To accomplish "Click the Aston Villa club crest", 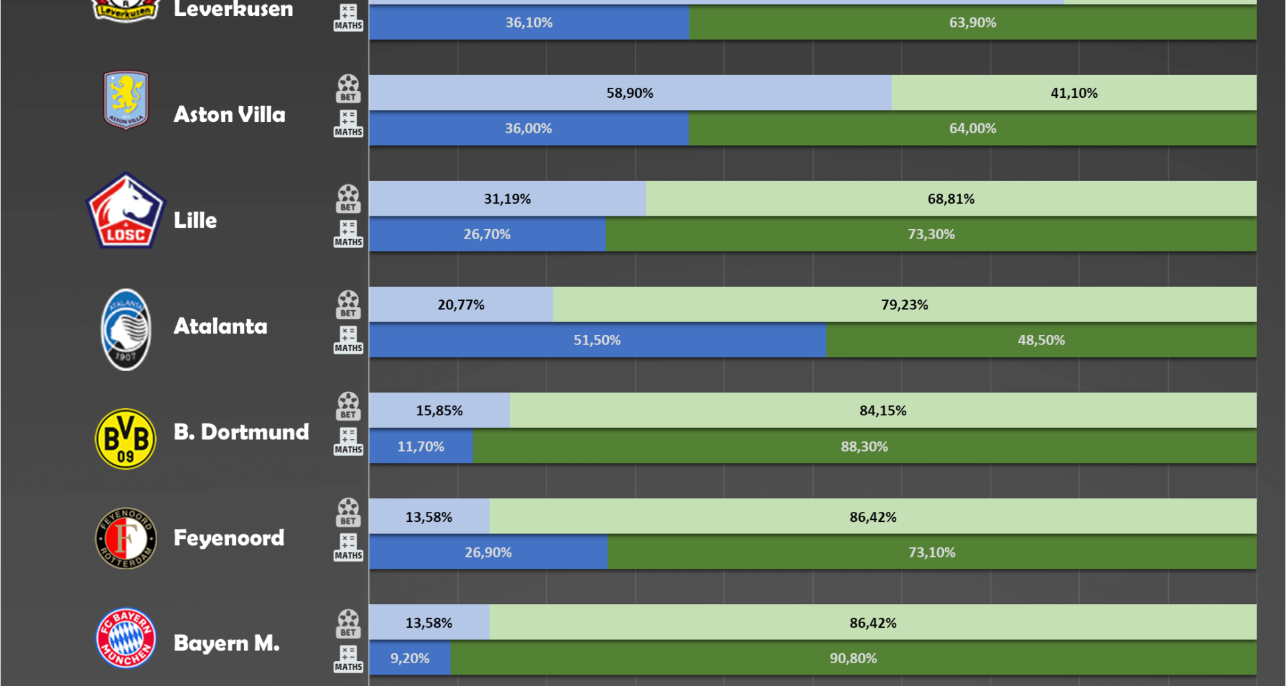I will click(126, 100).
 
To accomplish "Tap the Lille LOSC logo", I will click(125, 212).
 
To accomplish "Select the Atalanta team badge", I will click(126, 330).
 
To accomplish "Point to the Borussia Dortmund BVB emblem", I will click(126, 439).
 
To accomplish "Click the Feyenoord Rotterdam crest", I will click(126, 538).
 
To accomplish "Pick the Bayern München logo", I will click(126, 638).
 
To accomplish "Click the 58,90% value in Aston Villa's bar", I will click(630, 93).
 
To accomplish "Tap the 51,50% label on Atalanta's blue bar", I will click(597, 340).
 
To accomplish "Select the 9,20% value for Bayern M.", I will click(410, 659).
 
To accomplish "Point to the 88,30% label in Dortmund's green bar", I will click(864, 447).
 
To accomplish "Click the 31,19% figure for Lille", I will click(507, 199).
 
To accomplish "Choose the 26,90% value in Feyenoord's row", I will click(488, 553).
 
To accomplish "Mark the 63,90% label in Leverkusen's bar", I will click(973, 23).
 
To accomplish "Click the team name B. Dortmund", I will click(241, 432).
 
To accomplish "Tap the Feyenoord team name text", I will click(229, 538).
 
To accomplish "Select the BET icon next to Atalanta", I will click(348, 305).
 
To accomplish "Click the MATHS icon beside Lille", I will click(348, 233).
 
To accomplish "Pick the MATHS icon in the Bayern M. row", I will click(348, 658).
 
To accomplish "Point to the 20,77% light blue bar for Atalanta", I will click(461, 305).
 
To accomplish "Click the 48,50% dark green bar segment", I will click(1041, 340).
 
